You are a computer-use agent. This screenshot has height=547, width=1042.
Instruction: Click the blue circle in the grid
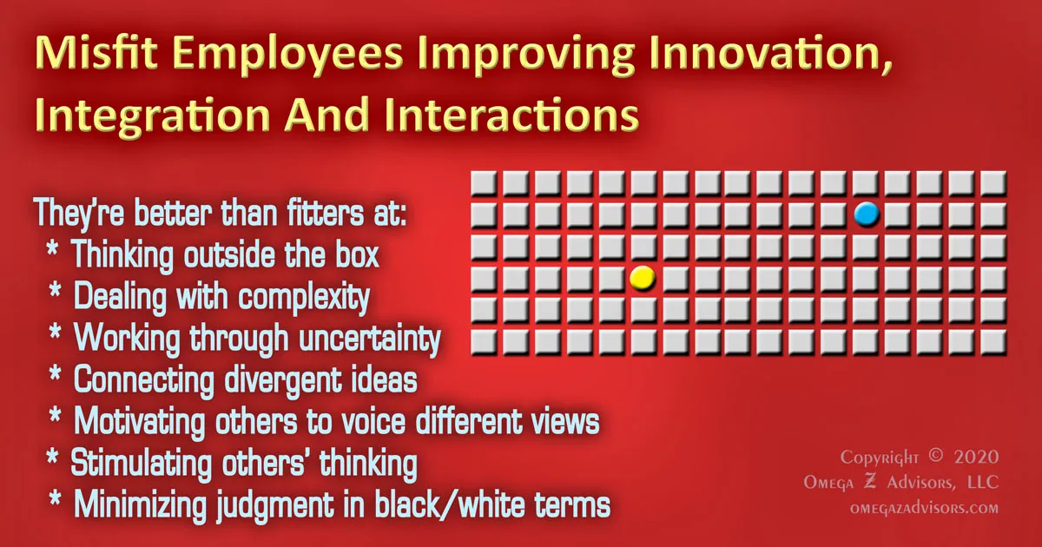[866, 214]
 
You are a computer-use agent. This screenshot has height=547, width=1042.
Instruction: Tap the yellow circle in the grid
[642, 278]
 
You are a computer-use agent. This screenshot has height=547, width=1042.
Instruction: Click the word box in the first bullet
[353, 255]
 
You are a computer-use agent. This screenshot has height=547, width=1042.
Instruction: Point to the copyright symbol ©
[933, 458]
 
